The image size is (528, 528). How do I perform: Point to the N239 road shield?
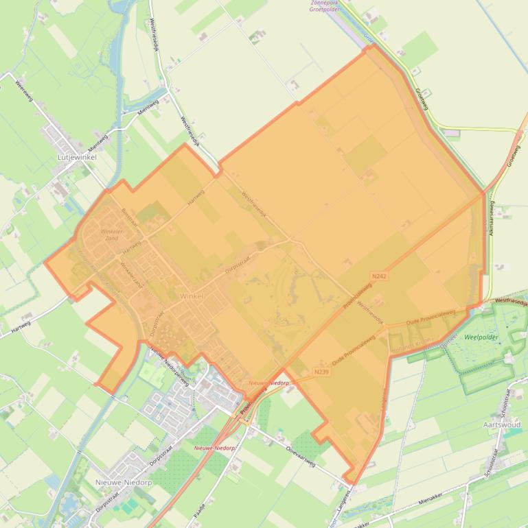[x=321, y=372]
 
